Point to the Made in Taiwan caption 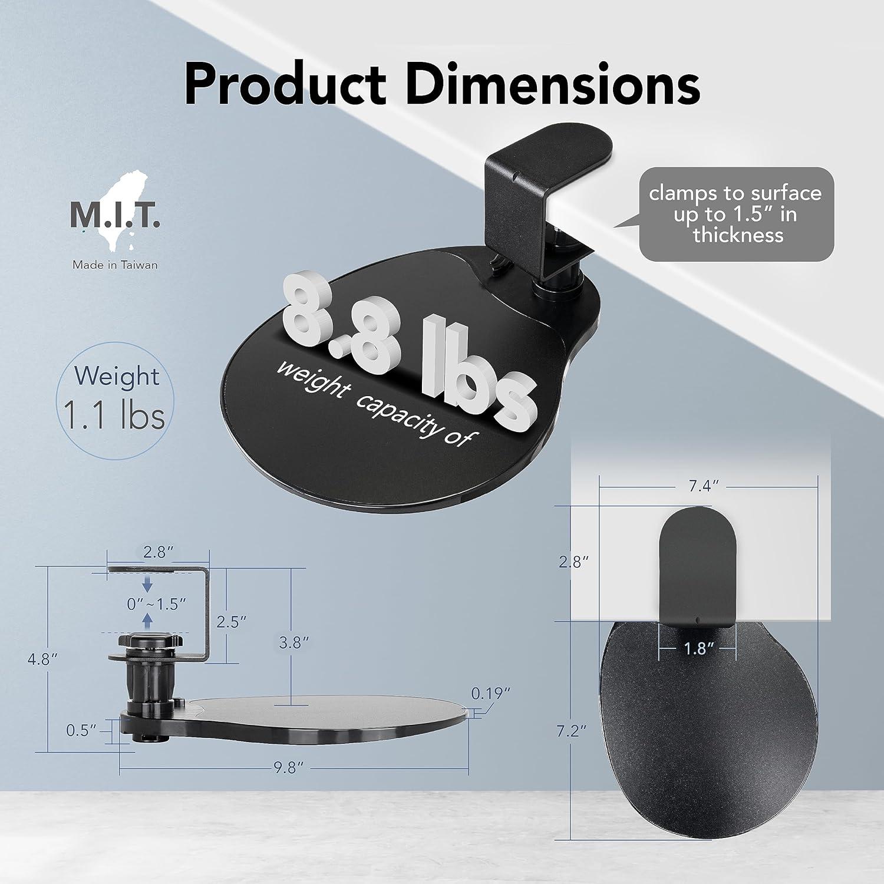(115, 265)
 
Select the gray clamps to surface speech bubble (737, 214)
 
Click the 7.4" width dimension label (708, 486)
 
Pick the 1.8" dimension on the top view (695, 649)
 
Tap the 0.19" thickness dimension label (490, 694)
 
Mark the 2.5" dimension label (230, 622)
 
